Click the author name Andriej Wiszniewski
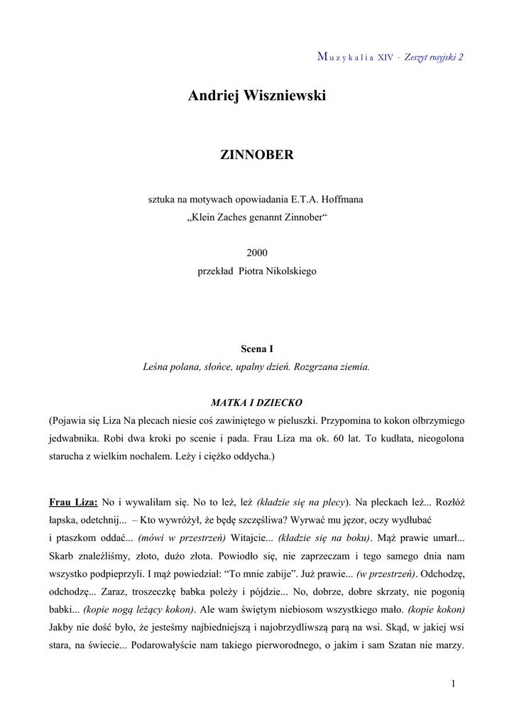[x=257, y=96]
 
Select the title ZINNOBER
[x=257, y=155]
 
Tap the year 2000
[x=257, y=253]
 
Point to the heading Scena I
[x=257, y=349]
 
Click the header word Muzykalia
[x=346, y=58]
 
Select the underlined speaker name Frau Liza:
[x=73, y=501]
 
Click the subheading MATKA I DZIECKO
[x=257, y=403]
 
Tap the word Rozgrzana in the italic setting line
[x=307, y=367]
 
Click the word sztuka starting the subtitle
[x=161, y=199]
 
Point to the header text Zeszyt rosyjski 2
[x=434, y=58]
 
